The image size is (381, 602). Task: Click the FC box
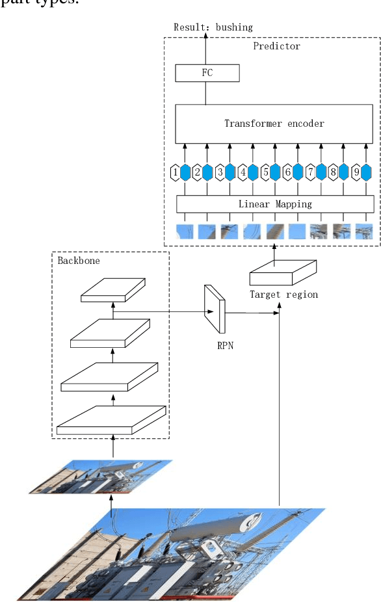pyautogui.click(x=207, y=73)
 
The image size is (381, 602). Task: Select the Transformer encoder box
pyautogui.click(x=274, y=123)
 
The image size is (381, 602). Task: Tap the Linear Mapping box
pyautogui.click(x=275, y=204)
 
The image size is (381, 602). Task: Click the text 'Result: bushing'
pyautogui.click(x=213, y=27)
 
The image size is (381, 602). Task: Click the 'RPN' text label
pyautogui.click(x=226, y=346)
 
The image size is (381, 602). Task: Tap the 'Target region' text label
pyautogui.click(x=284, y=294)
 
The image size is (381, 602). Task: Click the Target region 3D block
pyautogui.click(x=283, y=272)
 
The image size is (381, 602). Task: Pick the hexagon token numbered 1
pyautogui.click(x=175, y=173)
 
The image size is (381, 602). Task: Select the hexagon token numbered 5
pyautogui.click(x=265, y=173)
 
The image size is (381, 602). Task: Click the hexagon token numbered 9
pyautogui.click(x=355, y=173)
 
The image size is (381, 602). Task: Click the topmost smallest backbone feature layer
pyautogui.click(x=112, y=290)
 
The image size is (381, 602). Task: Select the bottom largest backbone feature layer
pyautogui.click(x=111, y=419)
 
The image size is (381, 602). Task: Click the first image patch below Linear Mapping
pyautogui.click(x=185, y=231)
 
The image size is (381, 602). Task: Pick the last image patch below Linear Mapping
pyautogui.click(x=364, y=231)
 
